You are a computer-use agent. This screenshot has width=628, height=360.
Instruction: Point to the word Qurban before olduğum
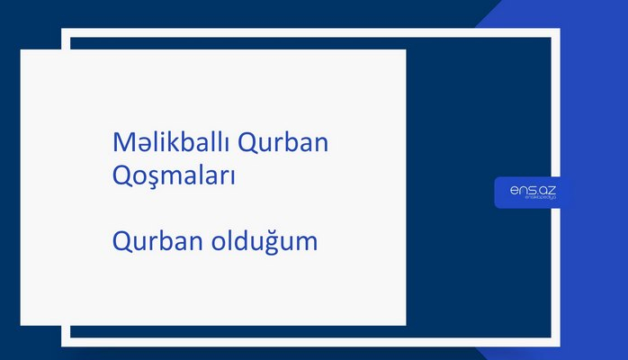pos(157,241)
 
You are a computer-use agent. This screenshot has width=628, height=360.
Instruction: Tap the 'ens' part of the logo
pos(519,190)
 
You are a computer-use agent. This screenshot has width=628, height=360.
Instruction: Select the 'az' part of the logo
pos(543,190)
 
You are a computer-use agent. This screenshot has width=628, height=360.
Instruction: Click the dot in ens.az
pos(534,193)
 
